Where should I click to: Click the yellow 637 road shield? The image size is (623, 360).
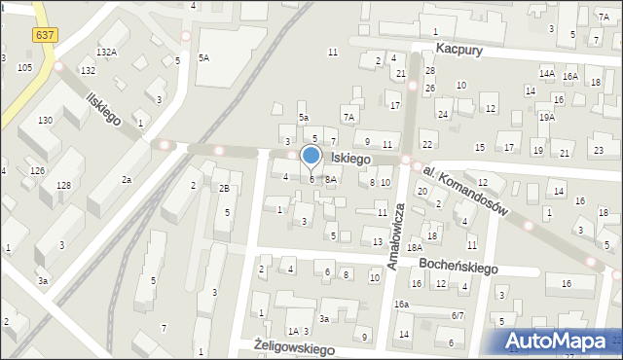(x=44, y=35)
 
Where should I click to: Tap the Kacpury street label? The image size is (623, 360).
(x=459, y=48)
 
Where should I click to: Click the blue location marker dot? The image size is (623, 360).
(x=311, y=156)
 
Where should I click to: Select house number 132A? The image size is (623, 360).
(x=106, y=53)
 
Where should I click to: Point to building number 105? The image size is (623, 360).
(x=24, y=67)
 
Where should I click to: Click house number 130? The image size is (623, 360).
(x=45, y=120)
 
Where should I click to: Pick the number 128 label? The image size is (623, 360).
(x=62, y=185)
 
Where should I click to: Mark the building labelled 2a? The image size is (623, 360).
(x=127, y=180)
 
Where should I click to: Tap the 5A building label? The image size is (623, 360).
(x=204, y=57)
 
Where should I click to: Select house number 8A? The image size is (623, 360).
(x=331, y=179)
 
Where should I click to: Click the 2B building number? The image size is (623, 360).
(x=223, y=188)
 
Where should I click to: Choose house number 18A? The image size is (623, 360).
(x=415, y=248)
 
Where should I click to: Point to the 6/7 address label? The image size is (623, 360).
(x=457, y=316)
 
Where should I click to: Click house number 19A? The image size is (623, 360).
(x=547, y=118)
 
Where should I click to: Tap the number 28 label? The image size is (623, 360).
(x=429, y=70)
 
